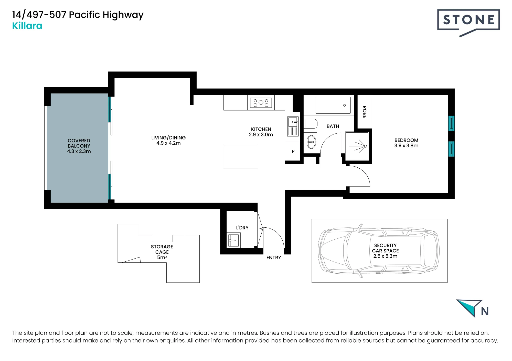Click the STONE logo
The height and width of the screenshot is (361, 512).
pos(468,22)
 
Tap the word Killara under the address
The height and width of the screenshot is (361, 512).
pos(27,26)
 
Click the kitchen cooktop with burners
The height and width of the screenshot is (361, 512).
pos(261,103)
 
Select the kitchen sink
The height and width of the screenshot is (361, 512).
pos(293,126)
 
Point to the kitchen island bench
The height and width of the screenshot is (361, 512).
pos(241,157)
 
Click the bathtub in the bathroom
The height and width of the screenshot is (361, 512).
pos(333,105)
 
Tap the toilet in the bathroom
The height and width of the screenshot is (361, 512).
pos(311,124)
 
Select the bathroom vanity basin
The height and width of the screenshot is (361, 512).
pos(311,142)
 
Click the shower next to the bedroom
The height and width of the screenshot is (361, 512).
pos(357,146)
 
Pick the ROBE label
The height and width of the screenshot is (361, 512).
pos(365,112)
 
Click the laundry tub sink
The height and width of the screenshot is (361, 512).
pos(233,240)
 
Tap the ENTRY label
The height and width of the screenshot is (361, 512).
pos(274,258)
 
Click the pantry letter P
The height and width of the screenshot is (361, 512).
pos(293,151)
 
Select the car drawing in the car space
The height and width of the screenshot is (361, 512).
pos(379,251)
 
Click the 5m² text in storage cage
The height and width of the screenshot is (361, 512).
pos(162,257)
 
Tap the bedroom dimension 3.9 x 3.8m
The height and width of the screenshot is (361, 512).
pos(406,146)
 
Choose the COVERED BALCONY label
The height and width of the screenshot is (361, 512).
pos(79,143)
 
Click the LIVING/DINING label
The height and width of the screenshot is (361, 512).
pos(168,138)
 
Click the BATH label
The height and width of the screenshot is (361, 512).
pos(333,126)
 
